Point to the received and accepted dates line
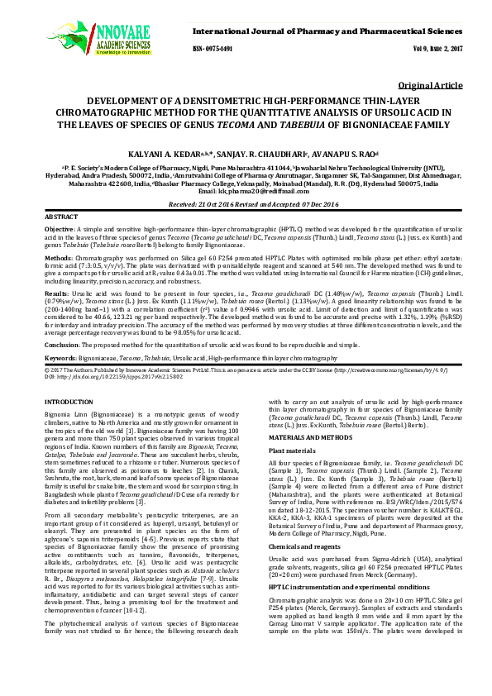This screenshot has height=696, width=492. (246, 203)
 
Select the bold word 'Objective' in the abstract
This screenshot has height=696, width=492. (60, 227)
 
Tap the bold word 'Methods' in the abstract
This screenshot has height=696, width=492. (58, 258)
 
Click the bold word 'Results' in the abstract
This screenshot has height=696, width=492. (56, 293)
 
